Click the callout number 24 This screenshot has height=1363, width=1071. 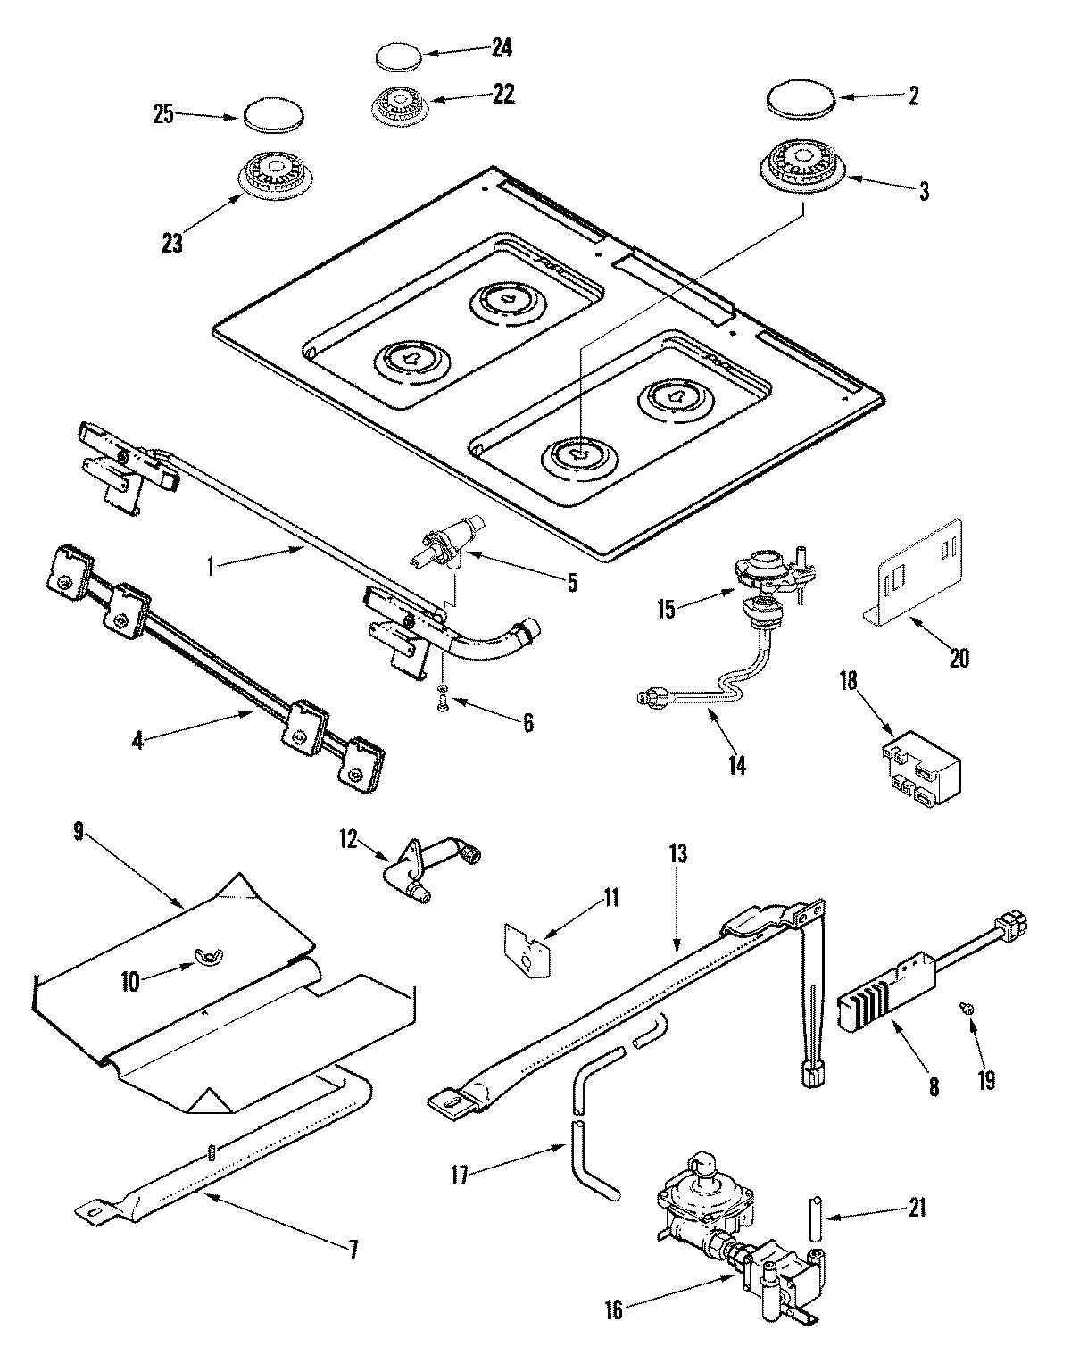coord(502,48)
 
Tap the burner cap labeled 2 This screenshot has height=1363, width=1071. coord(798,98)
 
